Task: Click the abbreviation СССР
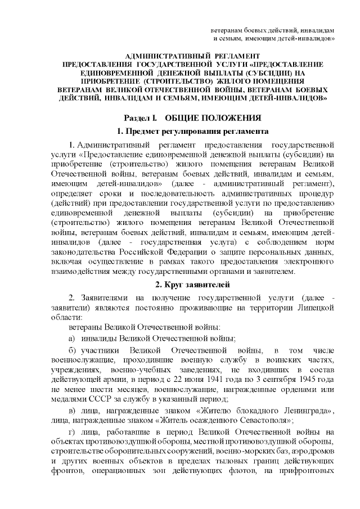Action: [96, 400]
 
